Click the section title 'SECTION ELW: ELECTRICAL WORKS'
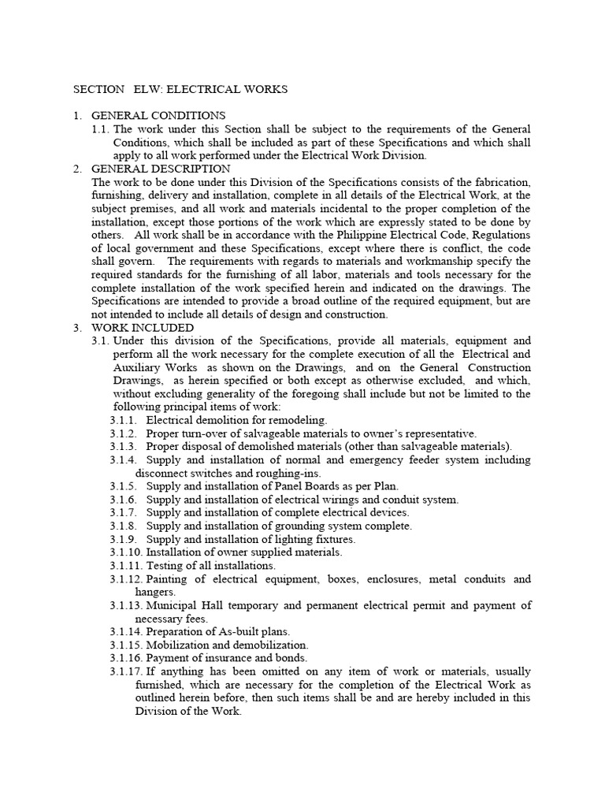pyautogui.click(x=180, y=89)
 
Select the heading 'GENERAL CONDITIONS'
pyautogui.click(x=158, y=116)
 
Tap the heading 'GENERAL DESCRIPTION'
pyautogui.click(x=161, y=169)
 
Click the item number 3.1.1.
pyautogui.click(x=124, y=420)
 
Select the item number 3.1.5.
pyautogui.click(x=124, y=486)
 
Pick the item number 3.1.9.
pyautogui.click(x=124, y=539)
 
